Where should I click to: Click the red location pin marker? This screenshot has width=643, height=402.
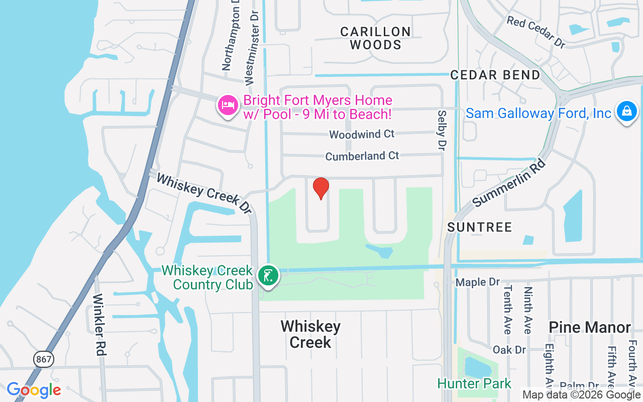pos(321,188)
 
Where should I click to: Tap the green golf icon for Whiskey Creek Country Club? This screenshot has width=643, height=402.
pos(268,276)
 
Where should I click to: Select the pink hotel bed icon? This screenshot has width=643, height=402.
pos(228,106)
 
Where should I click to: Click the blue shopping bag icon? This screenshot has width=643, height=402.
pos(626,111)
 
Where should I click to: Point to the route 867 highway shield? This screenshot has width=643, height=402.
pos(44,359)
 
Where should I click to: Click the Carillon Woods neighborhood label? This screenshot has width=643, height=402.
pos(375,38)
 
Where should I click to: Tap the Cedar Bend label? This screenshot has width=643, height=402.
pos(495,75)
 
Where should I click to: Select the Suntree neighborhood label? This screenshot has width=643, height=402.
pos(479,227)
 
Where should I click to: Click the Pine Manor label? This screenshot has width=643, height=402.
pos(589,328)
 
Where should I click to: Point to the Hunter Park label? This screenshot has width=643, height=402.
pos(474,384)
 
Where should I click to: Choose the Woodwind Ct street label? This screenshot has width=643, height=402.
pos(362,134)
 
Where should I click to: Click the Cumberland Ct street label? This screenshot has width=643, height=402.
pos(362,156)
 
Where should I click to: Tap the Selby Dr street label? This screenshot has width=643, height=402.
pos(442,131)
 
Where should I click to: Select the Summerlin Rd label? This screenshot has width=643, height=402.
pos(508,179)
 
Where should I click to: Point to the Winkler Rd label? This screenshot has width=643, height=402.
pos(99,324)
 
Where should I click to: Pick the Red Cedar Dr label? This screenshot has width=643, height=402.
pos(535,32)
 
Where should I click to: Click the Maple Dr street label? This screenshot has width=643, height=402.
pos(478,282)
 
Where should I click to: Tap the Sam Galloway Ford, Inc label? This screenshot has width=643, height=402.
pos(538,113)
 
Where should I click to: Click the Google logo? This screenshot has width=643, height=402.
pos(34,390)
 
